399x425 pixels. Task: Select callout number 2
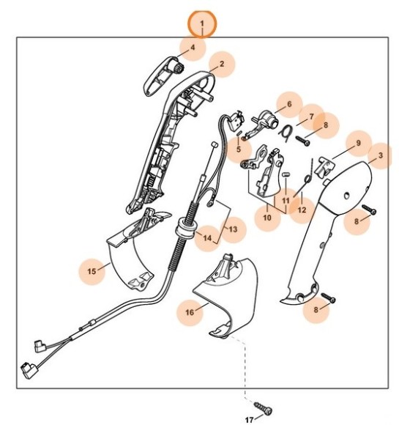pos(220,65)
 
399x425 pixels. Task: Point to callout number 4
pos(193,48)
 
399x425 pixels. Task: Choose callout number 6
pos(288,105)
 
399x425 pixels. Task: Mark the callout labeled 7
pos(310,116)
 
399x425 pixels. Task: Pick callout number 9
pos(358,143)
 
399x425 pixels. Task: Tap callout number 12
pos(301,210)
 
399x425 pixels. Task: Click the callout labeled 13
pos(232,230)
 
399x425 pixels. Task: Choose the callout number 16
pos(190,312)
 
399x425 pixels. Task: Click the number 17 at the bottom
pos(250,420)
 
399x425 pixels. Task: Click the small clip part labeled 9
pos(328,166)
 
